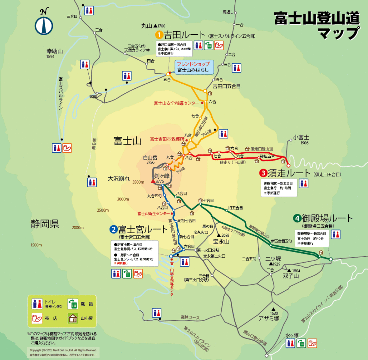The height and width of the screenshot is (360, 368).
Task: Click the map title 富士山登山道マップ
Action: click(316, 25)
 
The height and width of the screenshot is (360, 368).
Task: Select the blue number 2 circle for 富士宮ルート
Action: click(113, 229)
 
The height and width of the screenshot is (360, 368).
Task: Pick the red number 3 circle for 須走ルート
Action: click(263, 174)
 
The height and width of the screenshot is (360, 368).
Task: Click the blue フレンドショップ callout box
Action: click(194, 67)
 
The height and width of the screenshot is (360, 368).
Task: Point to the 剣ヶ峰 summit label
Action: click(162, 176)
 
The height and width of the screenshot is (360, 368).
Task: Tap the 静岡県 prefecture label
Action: click(45, 225)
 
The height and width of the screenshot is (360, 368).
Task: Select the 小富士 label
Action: click(301, 137)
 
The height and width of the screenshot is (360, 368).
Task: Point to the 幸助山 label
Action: click(55, 51)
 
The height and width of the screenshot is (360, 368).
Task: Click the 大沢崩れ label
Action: click(119, 178)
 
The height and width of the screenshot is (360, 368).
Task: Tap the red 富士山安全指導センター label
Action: click(176, 103)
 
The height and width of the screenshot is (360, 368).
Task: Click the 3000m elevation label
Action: click(123, 199)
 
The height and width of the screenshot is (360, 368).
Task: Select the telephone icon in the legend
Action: click(74, 304)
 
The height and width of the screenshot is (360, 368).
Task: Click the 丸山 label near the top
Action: click(147, 26)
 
